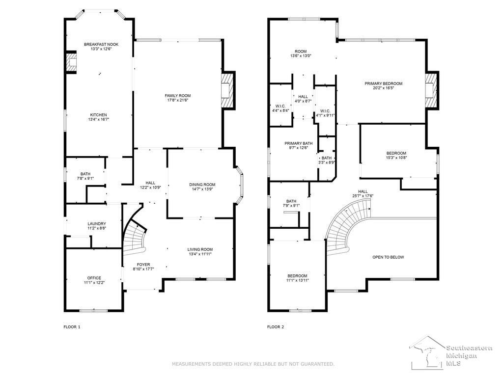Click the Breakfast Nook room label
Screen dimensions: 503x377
click(101, 44)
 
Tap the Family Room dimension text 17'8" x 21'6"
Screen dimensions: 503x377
click(177, 100)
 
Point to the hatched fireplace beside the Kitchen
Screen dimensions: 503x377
click(71, 62)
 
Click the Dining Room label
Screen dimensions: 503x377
click(202, 185)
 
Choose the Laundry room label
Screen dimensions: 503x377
click(97, 224)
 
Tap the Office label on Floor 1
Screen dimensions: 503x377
click(94, 278)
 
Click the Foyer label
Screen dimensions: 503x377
click(143, 265)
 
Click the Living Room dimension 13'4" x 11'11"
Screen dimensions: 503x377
click(200, 254)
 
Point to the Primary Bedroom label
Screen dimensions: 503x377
click(383, 83)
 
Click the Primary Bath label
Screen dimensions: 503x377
click(298, 143)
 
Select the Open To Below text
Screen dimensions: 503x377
click(388, 257)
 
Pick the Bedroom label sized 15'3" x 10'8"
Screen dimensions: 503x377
click(396, 153)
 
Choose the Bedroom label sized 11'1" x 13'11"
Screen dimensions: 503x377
click(297, 276)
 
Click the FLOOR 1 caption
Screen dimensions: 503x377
click(72, 327)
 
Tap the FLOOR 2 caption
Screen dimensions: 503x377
click(276, 327)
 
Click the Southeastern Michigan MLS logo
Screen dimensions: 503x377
click(451, 352)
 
